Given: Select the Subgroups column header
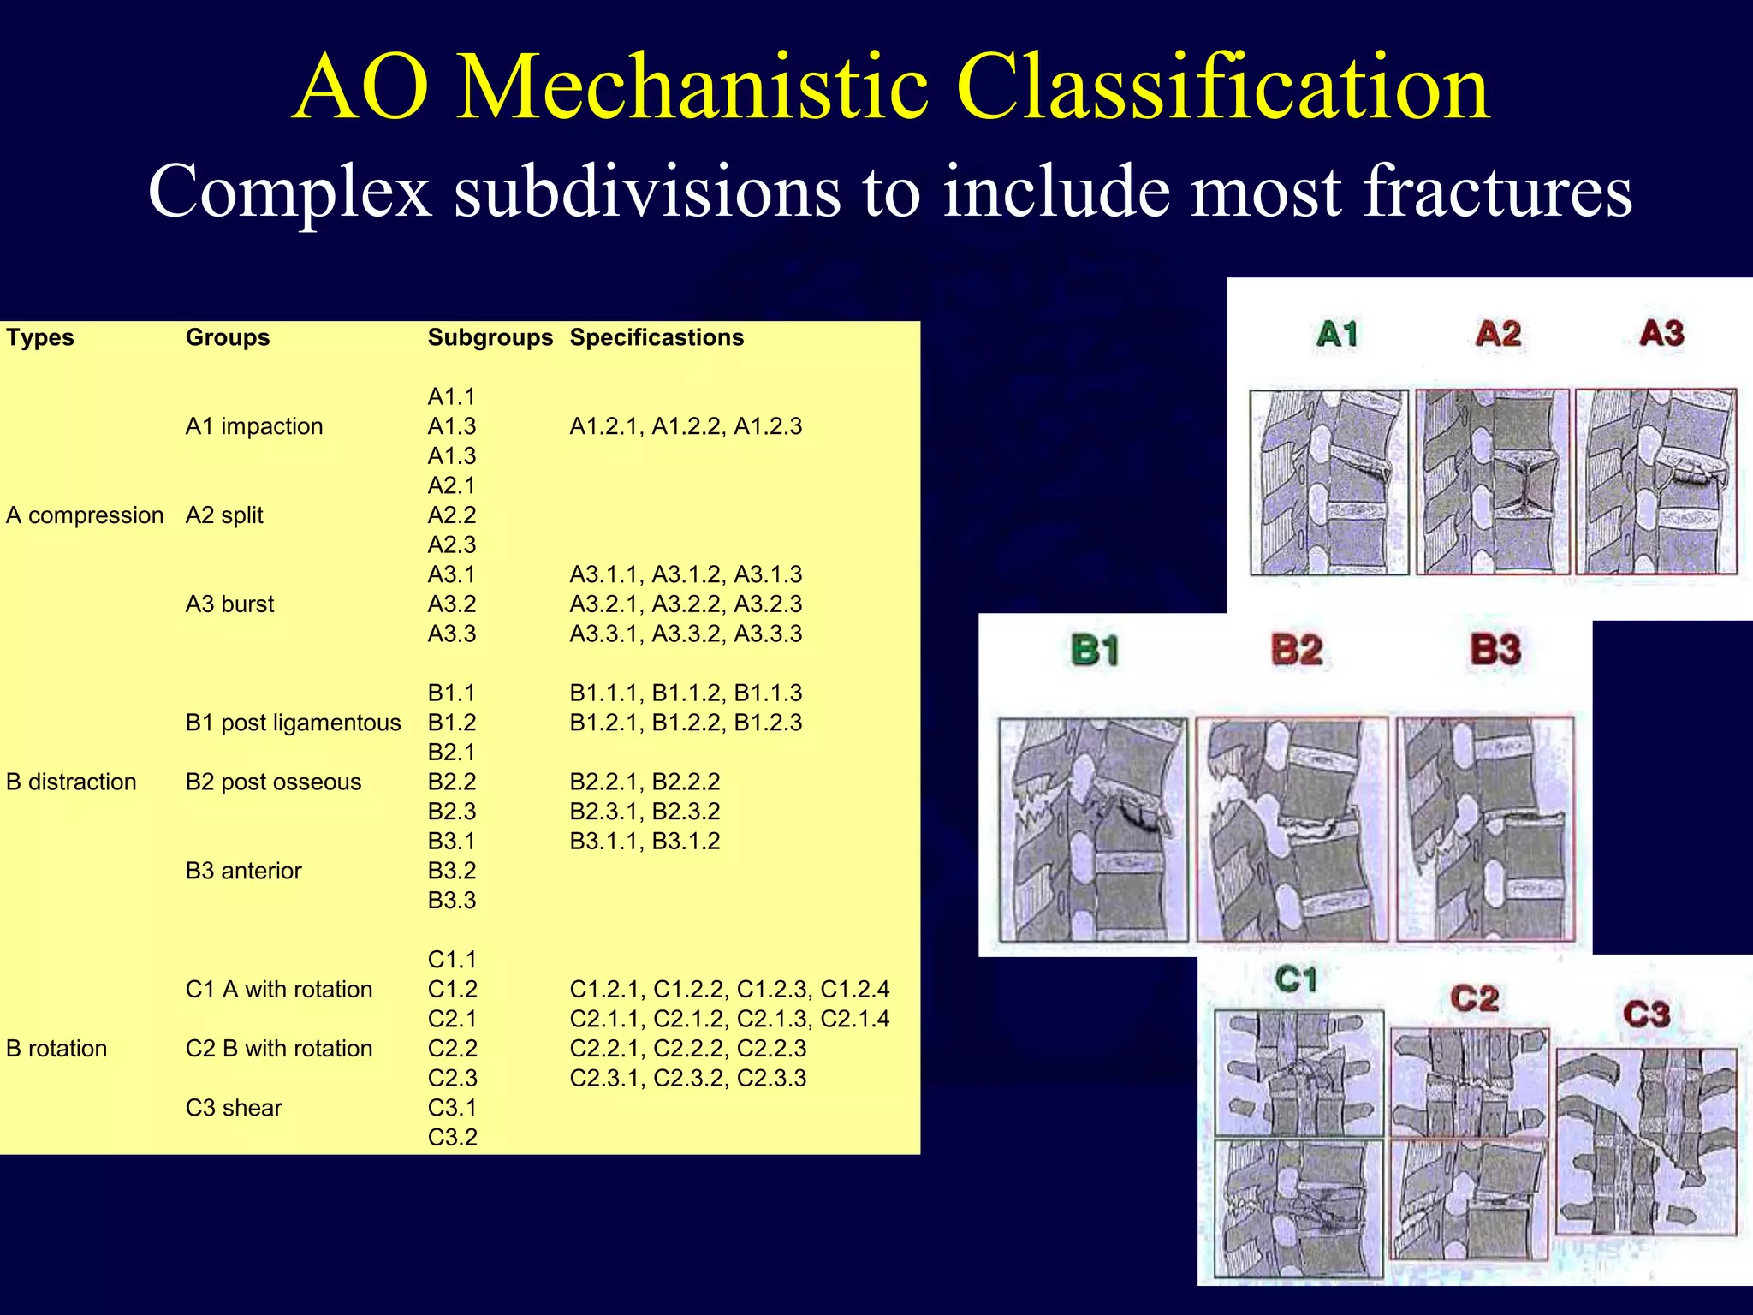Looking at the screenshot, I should [x=490, y=337].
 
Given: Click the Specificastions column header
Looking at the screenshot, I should [x=657, y=337].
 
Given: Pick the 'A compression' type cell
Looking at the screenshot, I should [x=84, y=515].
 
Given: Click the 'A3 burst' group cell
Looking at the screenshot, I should [x=229, y=604].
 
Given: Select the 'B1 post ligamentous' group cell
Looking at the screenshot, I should [x=293, y=723].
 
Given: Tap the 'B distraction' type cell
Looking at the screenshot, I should [x=71, y=782].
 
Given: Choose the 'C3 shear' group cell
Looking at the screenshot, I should [x=234, y=1108].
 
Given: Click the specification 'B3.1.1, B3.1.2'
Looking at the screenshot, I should [x=645, y=841].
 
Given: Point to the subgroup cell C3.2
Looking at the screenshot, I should [x=452, y=1137].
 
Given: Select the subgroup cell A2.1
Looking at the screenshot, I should [x=451, y=485].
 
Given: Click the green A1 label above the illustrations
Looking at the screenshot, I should [x=1337, y=334].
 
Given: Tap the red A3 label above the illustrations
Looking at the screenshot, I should [x=1661, y=333].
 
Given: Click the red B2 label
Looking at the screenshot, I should [x=1297, y=650].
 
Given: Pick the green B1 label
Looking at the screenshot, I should [x=1095, y=650].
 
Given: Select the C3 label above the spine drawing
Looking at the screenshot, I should [x=1646, y=1015].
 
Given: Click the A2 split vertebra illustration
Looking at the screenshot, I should [x=1492, y=482].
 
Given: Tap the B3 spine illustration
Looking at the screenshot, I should [x=1485, y=829].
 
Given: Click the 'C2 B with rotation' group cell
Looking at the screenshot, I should [x=278, y=1049].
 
